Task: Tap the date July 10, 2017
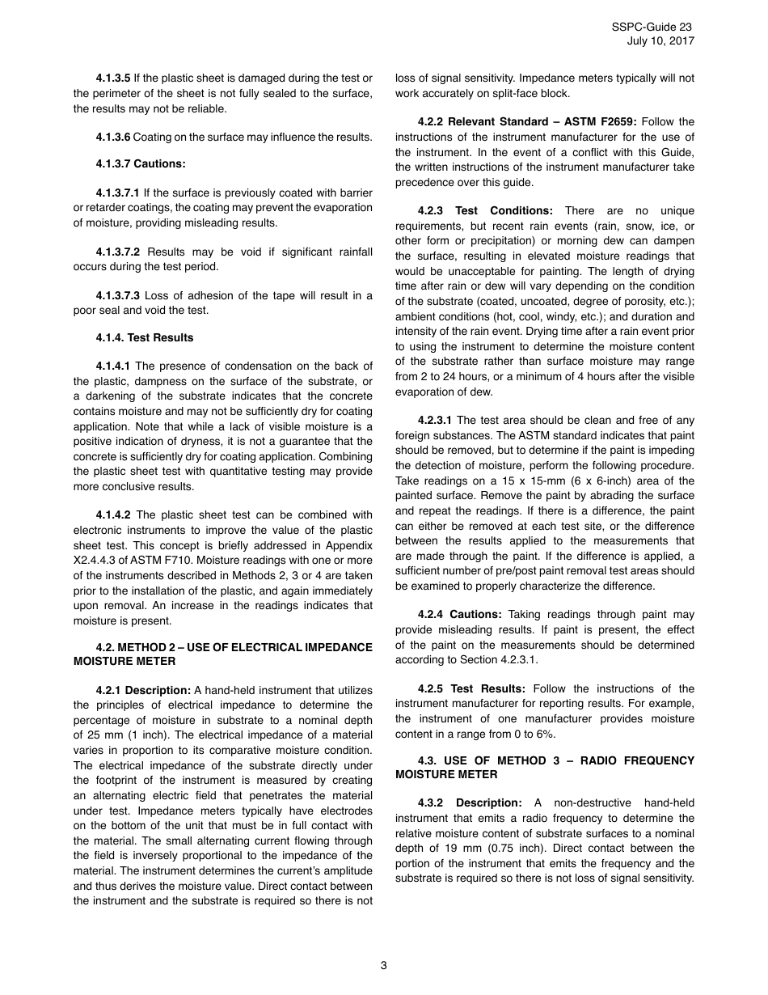(x=660, y=41)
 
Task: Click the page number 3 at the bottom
(x=384, y=964)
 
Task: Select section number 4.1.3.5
(x=112, y=78)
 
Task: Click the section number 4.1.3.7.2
(x=118, y=252)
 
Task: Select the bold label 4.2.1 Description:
(x=142, y=690)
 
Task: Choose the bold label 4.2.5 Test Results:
(x=471, y=688)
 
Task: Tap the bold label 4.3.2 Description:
(x=470, y=802)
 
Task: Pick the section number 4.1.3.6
(x=112, y=137)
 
